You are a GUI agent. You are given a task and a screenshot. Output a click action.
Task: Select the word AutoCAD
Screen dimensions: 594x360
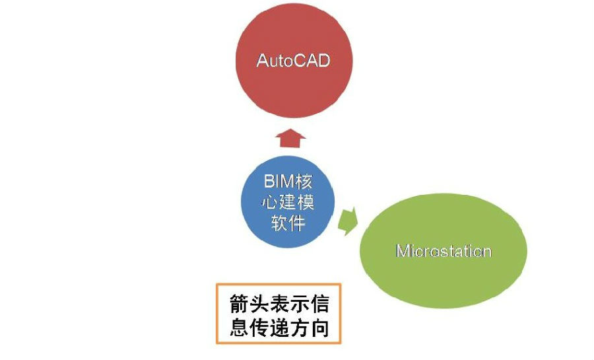point(293,61)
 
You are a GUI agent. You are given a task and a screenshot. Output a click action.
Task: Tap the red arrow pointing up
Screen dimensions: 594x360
point(290,138)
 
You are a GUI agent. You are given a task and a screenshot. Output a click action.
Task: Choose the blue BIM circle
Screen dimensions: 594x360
point(288,201)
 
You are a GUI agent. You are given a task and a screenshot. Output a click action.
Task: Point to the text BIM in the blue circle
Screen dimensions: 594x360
point(279,181)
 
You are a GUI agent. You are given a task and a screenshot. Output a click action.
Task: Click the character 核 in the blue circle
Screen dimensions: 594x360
point(304,181)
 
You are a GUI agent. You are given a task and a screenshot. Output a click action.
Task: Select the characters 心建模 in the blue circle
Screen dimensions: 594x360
point(288,202)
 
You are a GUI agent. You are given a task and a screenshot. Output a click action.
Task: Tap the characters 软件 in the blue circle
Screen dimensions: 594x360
point(288,223)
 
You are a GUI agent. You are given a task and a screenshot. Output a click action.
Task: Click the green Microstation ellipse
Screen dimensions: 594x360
point(444,251)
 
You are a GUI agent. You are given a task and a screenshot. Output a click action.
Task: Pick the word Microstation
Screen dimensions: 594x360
point(444,251)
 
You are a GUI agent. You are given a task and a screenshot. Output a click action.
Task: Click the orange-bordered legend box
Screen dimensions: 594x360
point(279,314)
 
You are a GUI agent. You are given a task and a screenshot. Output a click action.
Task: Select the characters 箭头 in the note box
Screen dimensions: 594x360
point(249,304)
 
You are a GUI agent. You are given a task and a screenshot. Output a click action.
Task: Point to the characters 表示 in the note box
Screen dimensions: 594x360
point(289,304)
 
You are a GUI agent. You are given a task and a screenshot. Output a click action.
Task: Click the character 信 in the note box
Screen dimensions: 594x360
point(319,304)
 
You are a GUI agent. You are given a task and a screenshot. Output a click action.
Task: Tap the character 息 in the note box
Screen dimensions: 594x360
point(240,328)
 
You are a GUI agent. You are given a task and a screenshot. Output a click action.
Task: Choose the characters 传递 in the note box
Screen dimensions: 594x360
point(269,328)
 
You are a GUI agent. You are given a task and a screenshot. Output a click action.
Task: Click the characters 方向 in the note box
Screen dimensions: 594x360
point(309,328)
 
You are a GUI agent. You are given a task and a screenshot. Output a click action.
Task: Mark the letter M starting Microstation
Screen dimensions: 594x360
point(403,251)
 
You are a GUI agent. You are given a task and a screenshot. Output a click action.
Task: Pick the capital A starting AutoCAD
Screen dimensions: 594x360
point(263,61)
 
